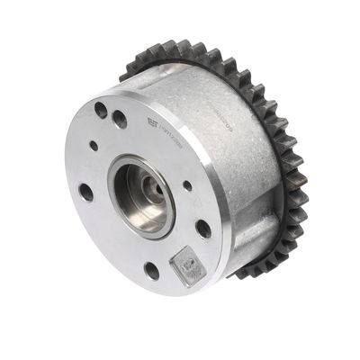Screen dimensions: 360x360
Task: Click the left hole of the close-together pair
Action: click(x=100, y=110)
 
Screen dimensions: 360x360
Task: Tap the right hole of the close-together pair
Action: click(x=120, y=118)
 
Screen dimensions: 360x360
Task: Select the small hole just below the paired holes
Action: click(x=94, y=145)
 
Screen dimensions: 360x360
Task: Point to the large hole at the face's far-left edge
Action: click(x=85, y=192)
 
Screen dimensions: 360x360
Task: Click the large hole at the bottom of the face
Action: click(x=152, y=270)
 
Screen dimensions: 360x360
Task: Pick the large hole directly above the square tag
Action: click(x=204, y=229)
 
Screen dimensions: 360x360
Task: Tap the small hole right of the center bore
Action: click(x=188, y=185)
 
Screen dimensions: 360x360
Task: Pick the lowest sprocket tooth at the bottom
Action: click(x=241, y=274)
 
